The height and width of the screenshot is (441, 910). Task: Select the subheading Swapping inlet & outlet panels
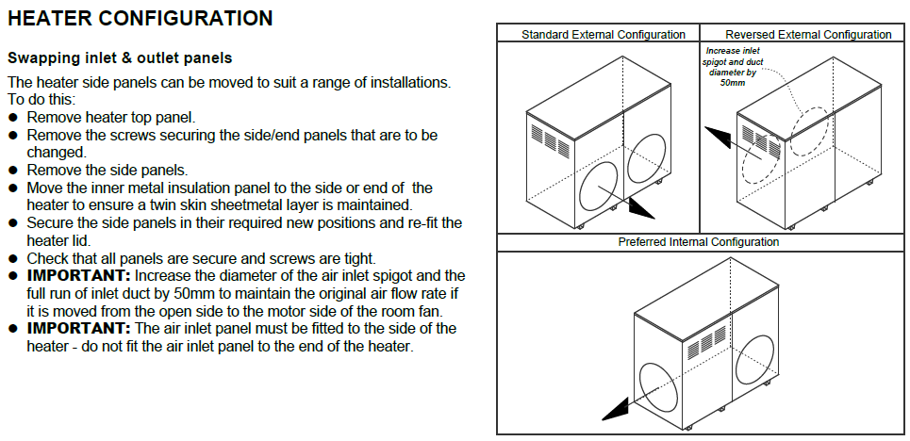click(x=120, y=58)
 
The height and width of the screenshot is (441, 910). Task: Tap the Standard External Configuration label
click(x=604, y=35)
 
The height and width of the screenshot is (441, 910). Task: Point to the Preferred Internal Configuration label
click(x=699, y=242)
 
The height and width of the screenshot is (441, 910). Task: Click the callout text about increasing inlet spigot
click(x=732, y=66)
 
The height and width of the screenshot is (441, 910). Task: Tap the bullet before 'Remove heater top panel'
click(x=13, y=118)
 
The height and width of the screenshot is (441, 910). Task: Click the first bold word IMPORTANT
click(x=77, y=275)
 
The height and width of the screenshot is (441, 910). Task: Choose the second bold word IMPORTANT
click(x=77, y=328)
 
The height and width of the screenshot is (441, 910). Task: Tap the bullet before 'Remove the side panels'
click(x=13, y=171)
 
